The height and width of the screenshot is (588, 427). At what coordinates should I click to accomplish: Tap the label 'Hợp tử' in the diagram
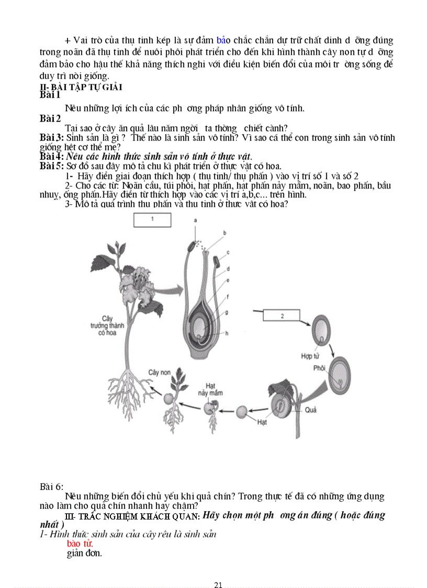tap(310, 356)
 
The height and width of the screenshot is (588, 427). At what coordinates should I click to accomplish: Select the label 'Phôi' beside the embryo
tap(319, 368)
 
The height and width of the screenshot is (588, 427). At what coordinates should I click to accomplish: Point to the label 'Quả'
tap(311, 410)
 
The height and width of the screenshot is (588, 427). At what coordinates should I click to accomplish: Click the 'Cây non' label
tap(160, 371)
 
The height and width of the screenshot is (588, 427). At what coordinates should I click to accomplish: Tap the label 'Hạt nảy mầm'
tap(210, 389)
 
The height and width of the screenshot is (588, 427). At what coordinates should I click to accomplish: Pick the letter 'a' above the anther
tap(196, 221)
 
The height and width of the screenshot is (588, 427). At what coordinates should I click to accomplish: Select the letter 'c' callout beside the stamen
tap(229, 252)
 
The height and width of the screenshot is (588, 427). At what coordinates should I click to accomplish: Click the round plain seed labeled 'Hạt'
tap(242, 412)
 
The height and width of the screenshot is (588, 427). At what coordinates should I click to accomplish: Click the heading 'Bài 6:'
tap(51, 487)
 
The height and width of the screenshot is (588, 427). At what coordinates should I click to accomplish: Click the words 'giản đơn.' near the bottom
tap(84, 553)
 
